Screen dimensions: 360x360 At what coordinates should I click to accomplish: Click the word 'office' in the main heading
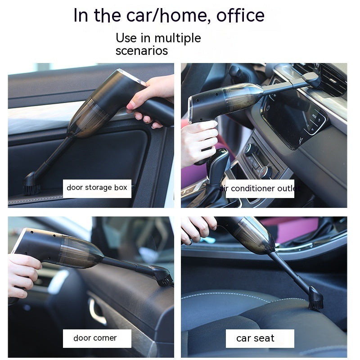tap(240, 15)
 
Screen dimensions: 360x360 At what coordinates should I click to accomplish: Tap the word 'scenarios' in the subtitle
tap(142, 50)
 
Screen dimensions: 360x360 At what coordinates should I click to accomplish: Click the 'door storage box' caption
tap(97, 188)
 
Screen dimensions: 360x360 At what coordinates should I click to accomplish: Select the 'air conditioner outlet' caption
tap(260, 189)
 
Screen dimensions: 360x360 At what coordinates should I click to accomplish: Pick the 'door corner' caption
tap(95, 338)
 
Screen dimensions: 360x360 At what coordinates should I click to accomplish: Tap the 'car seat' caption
tap(255, 338)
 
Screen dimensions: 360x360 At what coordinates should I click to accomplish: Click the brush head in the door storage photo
tap(31, 184)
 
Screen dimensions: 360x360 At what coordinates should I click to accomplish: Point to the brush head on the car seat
tap(316, 298)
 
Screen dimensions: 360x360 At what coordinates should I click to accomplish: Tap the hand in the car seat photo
tap(198, 229)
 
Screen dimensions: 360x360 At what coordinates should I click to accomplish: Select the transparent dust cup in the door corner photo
tap(81, 252)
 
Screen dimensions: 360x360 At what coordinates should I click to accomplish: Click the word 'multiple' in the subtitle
tap(178, 38)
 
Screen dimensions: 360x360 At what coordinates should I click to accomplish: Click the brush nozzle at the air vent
tap(313, 78)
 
